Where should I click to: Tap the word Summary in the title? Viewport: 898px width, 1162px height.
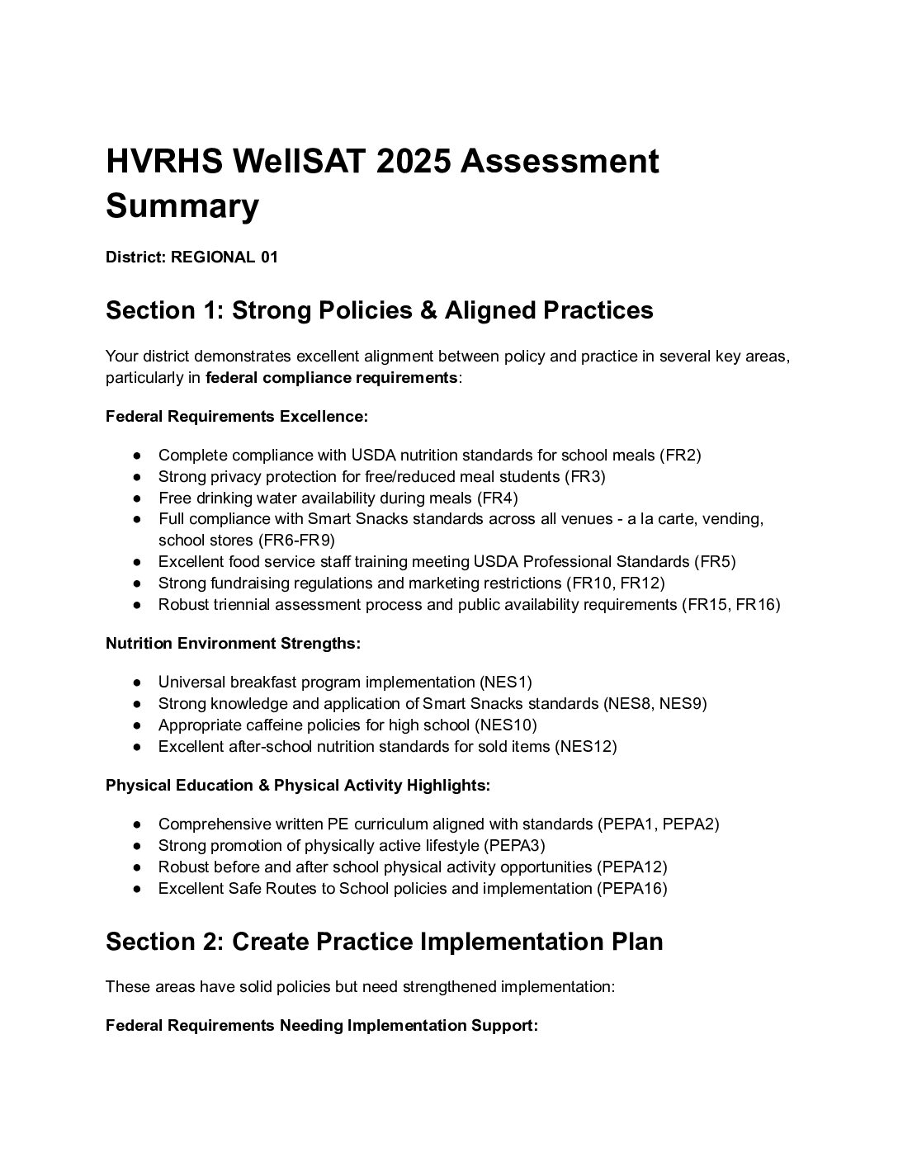pos(182,206)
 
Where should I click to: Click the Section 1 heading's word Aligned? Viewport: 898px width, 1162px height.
pos(492,310)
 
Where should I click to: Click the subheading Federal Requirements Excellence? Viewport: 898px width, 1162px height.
pos(236,417)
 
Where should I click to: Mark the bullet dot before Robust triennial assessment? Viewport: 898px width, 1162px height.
pos(137,605)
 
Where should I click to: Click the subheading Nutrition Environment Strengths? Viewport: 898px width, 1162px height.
pos(233,644)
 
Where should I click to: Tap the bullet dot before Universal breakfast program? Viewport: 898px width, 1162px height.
pos(137,683)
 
